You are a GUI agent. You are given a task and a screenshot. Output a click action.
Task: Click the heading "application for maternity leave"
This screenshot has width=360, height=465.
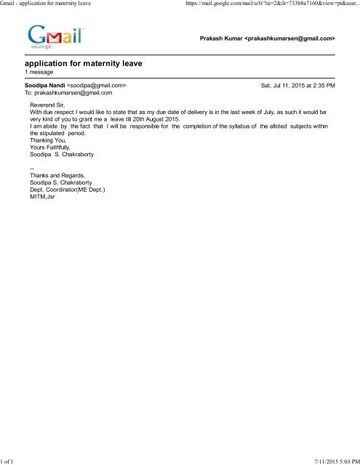[x=83, y=63]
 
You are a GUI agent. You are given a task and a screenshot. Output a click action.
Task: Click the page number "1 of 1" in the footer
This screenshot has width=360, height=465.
[x=9, y=460]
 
